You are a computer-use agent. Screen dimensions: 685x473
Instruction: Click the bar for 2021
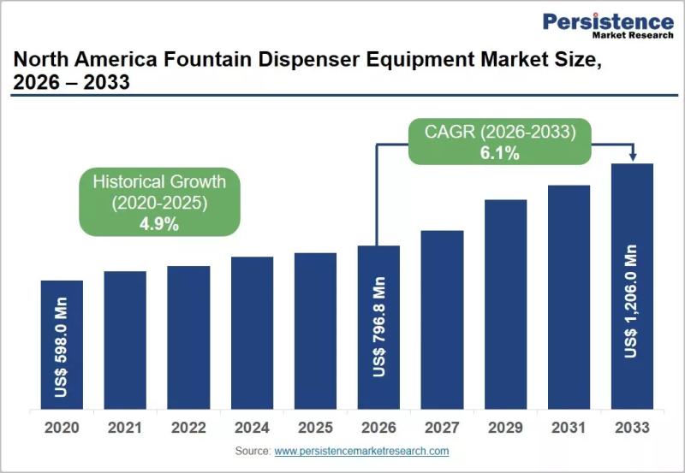click(125, 340)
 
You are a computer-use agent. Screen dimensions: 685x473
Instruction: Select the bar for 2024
click(252, 333)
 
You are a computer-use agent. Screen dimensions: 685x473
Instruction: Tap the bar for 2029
click(505, 304)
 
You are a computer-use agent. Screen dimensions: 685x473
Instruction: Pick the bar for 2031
click(569, 297)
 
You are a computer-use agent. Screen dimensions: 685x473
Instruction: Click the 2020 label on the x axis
click(62, 428)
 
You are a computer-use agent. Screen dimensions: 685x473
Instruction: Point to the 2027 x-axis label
click(442, 428)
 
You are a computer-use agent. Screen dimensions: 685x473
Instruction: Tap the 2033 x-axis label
click(632, 428)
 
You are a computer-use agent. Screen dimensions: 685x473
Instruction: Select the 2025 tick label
click(315, 428)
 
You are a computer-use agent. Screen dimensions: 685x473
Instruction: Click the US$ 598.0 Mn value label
click(61, 347)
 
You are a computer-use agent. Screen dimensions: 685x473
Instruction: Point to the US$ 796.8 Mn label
click(378, 327)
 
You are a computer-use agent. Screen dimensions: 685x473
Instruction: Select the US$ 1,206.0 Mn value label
click(631, 302)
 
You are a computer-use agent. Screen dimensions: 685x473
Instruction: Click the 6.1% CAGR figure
click(500, 153)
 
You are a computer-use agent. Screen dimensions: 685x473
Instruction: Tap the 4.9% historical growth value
click(159, 224)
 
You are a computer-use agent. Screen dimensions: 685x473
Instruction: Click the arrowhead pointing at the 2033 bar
click(633, 157)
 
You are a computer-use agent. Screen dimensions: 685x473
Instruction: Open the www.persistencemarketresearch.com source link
click(361, 451)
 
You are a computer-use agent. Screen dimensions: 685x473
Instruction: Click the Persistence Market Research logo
click(608, 26)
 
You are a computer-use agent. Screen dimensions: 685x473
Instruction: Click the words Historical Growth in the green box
click(159, 182)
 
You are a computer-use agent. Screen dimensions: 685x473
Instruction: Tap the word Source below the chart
click(253, 451)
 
